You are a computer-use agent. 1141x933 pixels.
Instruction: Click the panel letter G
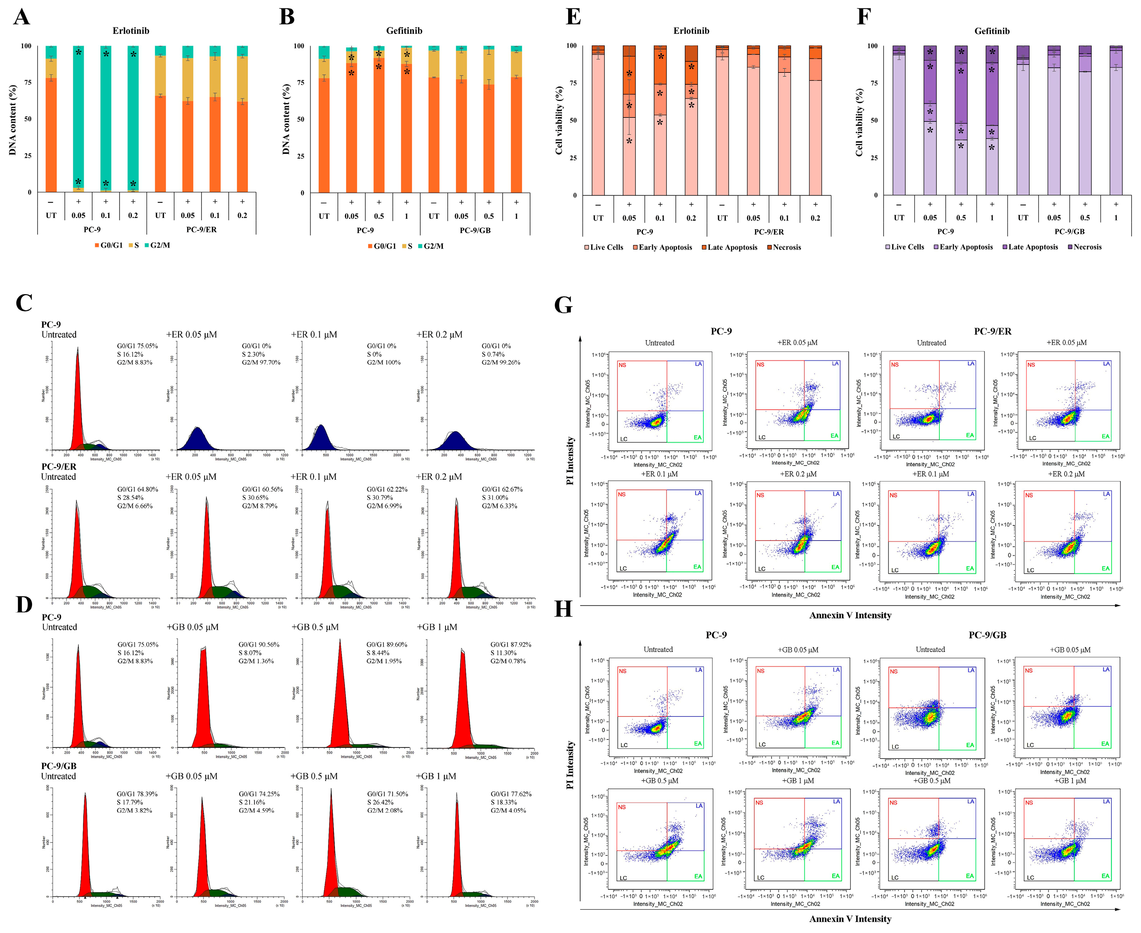click(563, 305)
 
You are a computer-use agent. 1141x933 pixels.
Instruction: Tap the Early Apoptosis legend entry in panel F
click(963, 247)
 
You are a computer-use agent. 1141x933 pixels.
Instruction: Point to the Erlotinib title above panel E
click(691, 31)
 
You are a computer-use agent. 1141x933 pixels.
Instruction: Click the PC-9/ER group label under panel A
click(201, 230)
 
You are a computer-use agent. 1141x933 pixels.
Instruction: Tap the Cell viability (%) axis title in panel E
click(559, 120)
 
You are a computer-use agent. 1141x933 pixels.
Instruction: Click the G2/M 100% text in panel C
click(383, 362)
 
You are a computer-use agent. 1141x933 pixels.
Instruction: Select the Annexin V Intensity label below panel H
click(850, 919)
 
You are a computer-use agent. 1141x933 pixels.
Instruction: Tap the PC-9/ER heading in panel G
click(992, 332)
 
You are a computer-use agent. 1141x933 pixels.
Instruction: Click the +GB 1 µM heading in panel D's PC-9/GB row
click(436, 776)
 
